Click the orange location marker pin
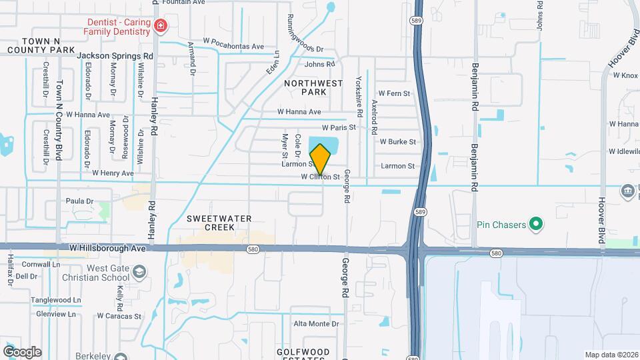point(321,159)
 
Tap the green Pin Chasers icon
point(535,224)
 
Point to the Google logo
point(21,351)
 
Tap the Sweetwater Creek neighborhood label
point(210,223)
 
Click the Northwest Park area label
point(313,87)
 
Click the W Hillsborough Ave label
point(107,248)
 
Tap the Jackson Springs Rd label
point(115,56)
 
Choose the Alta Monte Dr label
point(317,324)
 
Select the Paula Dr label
point(79,201)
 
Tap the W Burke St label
point(397,142)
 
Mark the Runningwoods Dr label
point(305,33)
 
